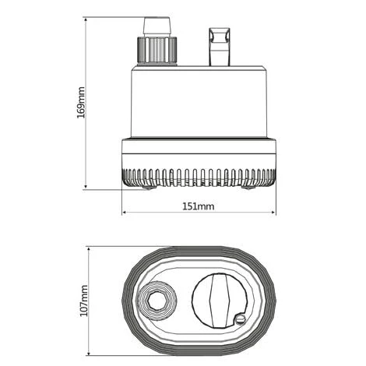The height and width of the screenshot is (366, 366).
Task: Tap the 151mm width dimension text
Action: click(198, 207)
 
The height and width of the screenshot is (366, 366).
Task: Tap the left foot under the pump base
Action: click(146, 185)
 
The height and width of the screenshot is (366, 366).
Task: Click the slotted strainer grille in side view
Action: click(198, 175)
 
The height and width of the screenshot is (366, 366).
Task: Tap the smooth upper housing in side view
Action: click(198, 101)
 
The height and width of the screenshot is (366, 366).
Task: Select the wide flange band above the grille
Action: click(198, 152)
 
